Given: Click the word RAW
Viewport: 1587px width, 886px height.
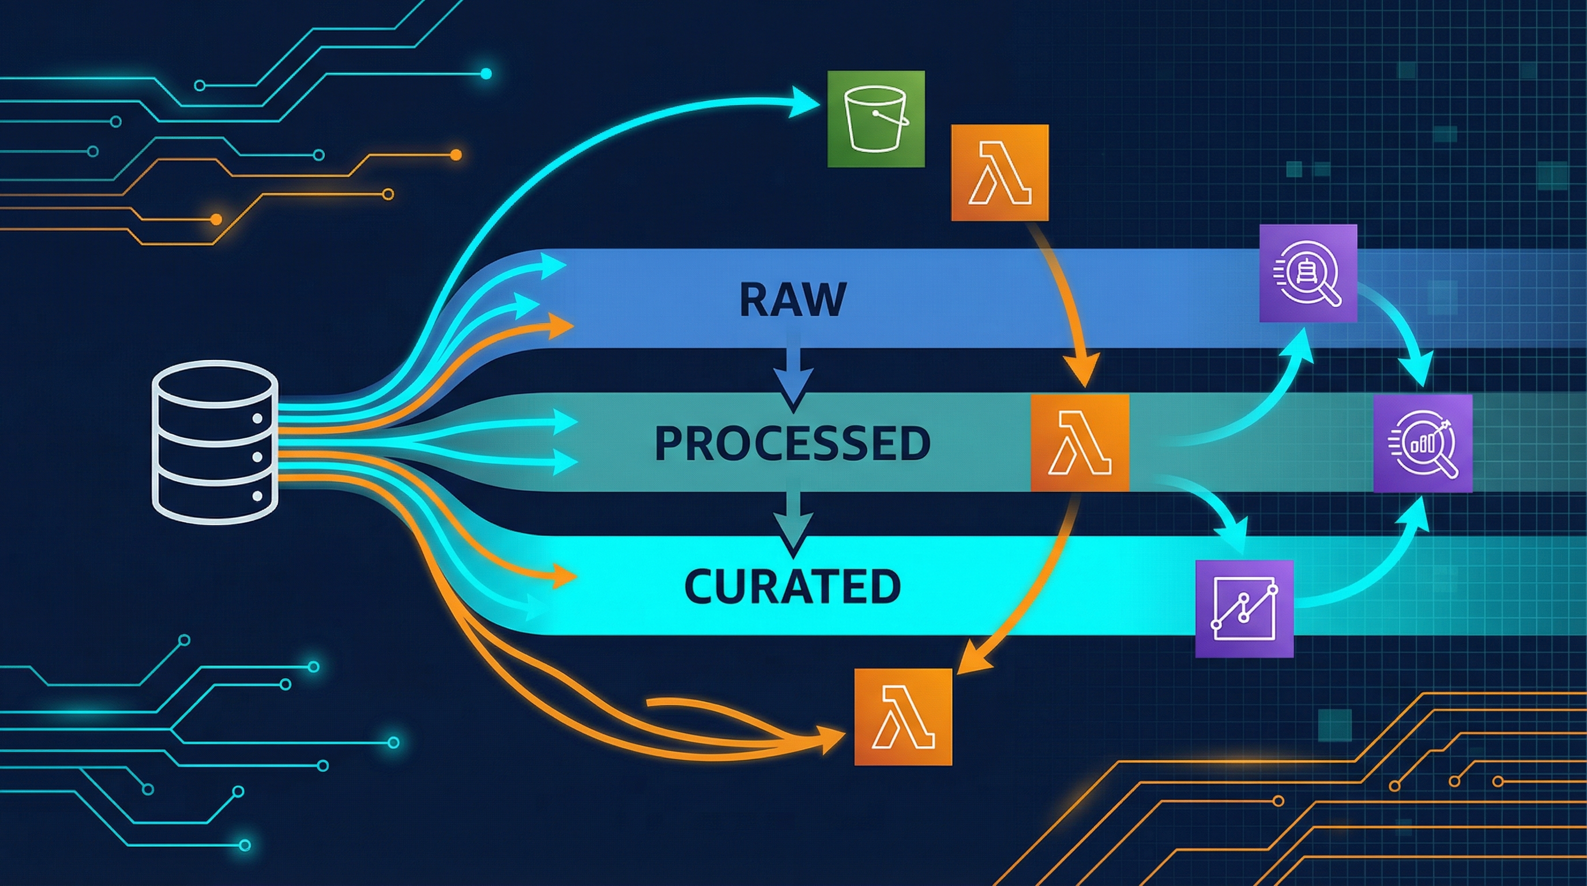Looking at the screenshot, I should click(792, 300).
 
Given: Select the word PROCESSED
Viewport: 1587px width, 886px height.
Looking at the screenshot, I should click(792, 444).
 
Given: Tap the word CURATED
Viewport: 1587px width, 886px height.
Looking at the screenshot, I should click(792, 586).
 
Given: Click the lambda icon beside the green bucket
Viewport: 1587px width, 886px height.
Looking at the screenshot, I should click(999, 172).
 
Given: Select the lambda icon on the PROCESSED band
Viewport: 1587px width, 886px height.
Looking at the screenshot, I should click(1080, 442).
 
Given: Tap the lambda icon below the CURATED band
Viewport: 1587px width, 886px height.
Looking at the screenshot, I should click(903, 716).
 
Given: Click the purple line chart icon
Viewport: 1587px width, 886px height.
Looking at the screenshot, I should click(1244, 609).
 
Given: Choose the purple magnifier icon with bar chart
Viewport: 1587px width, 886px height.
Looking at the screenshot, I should click(1423, 443).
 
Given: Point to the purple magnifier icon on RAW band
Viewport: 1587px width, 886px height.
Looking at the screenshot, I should click(1308, 273).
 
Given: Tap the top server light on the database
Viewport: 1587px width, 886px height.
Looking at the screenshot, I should click(258, 418).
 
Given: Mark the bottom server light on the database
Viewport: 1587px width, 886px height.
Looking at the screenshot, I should click(258, 495).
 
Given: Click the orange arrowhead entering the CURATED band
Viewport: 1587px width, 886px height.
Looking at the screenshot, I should click(562, 577).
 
